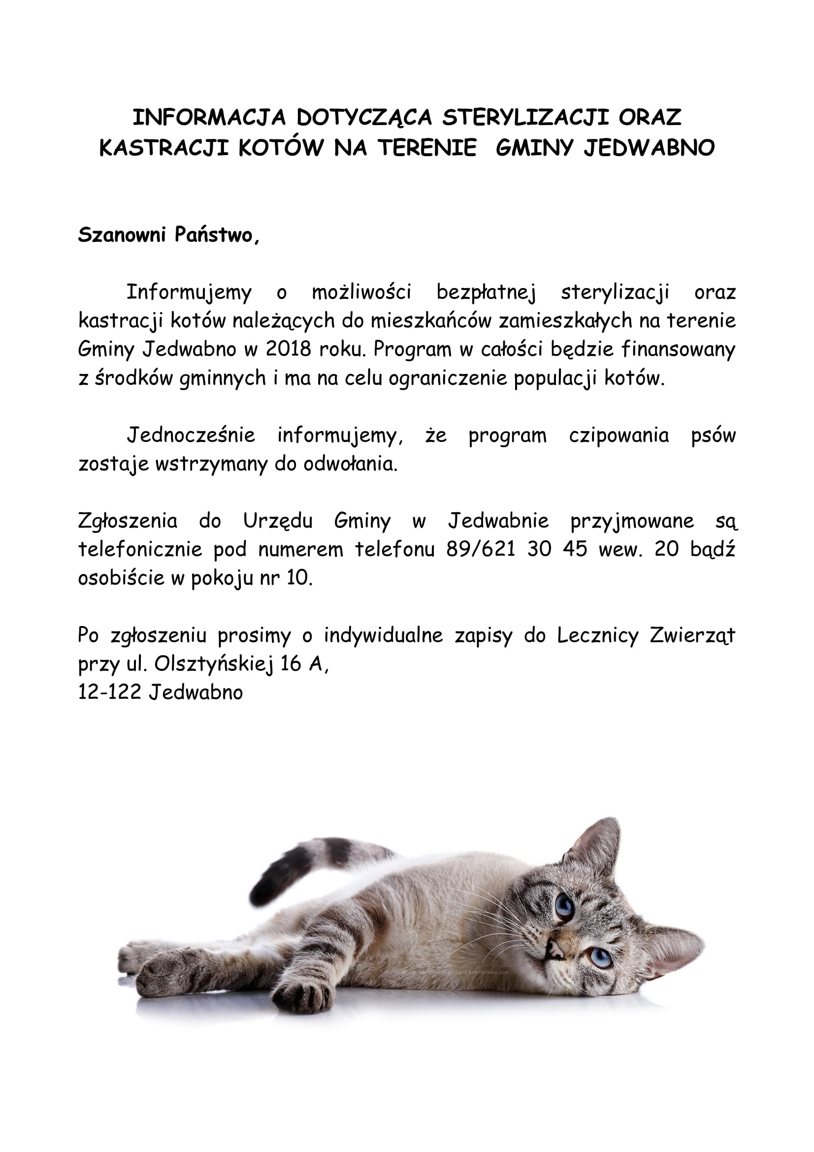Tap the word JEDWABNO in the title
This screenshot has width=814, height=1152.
(x=649, y=148)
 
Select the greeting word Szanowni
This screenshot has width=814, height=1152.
(x=122, y=235)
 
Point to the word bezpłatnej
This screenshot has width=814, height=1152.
(x=486, y=292)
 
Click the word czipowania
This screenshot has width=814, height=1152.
(x=619, y=435)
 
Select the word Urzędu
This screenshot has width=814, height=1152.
(x=278, y=522)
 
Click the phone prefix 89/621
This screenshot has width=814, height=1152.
(x=481, y=550)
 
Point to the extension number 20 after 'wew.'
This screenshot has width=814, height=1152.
(x=667, y=550)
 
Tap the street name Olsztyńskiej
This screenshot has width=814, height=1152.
(x=213, y=664)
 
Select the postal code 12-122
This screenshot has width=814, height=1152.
(x=109, y=693)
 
